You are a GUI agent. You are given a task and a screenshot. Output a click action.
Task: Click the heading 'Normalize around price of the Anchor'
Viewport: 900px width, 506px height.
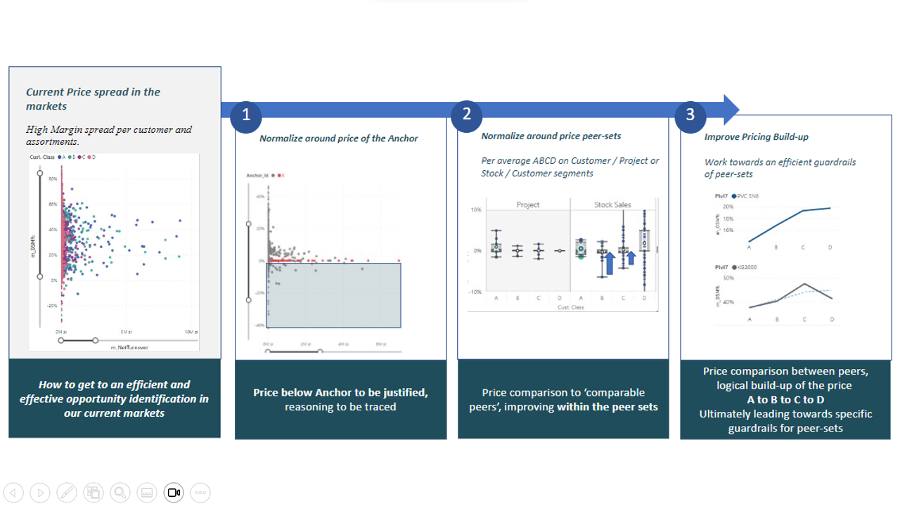[x=338, y=138]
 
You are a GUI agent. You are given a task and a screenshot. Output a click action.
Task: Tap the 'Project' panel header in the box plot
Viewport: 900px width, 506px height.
[x=527, y=205]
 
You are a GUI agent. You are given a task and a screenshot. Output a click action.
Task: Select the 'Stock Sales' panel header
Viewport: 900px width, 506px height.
[x=612, y=205]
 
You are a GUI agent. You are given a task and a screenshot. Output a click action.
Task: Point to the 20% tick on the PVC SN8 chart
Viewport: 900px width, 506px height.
[x=728, y=207]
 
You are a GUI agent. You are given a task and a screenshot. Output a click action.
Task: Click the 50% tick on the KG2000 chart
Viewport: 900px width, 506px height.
[x=728, y=278]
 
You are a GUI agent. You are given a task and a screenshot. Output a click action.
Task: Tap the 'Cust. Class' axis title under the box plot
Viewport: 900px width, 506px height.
[x=570, y=307]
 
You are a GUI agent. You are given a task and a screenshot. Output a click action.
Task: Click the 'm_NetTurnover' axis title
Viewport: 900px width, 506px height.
[x=123, y=347]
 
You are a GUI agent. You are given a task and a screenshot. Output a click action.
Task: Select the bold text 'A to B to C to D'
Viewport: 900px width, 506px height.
[x=785, y=399]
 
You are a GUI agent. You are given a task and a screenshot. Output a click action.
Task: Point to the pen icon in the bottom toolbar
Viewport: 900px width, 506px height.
[x=66, y=493]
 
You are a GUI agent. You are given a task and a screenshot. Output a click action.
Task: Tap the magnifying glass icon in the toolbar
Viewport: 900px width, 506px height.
[x=120, y=493]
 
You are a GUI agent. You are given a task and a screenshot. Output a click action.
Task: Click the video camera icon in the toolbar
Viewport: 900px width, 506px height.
[x=173, y=493]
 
